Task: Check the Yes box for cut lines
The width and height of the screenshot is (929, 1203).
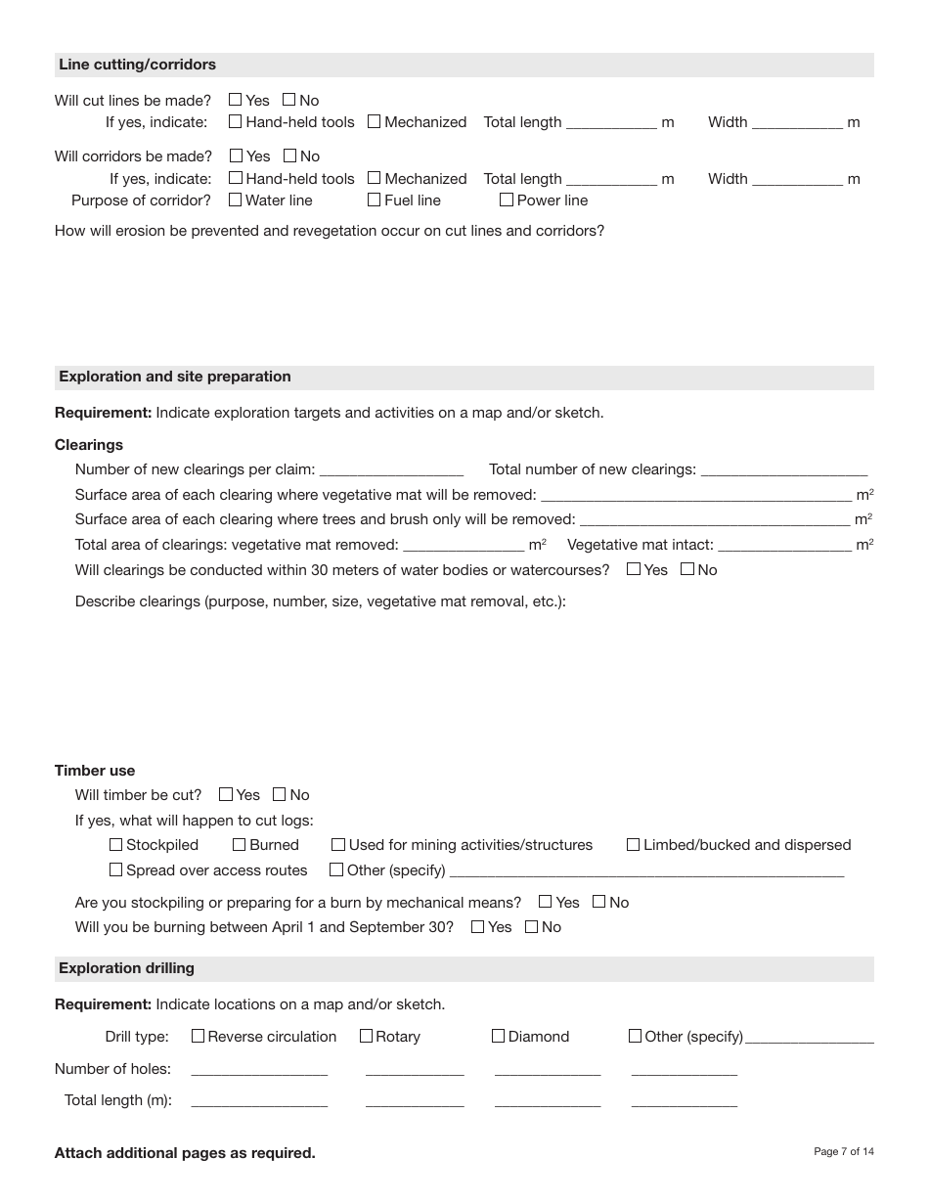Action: click(x=235, y=100)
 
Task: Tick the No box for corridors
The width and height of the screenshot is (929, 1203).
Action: click(x=289, y=156)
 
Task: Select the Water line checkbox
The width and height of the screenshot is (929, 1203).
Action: click(x=235, y=200)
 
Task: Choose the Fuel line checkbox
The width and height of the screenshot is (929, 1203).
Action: click(x=374, y=200)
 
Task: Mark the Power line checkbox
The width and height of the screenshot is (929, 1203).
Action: click(x=507, y=200)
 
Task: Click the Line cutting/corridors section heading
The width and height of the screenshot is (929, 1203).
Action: click(x=138, y=65)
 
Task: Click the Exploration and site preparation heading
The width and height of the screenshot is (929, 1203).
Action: click(x=175, y=377)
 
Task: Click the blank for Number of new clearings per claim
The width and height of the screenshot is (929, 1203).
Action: click(x=391, y=469)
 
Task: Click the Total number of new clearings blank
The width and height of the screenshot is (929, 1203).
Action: click(x=783, y=469)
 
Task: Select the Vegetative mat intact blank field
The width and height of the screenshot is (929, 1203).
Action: click(x=784, y=545)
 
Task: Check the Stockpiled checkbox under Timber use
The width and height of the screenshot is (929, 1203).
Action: click(x=116, y=845)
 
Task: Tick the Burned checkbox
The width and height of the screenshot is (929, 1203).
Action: click(x=240, y=845)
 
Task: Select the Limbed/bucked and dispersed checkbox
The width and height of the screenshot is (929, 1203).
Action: click(x=633, y=845)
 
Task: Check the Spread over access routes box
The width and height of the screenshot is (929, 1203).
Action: click(x=116, y=869)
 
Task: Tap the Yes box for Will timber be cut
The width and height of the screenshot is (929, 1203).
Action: click(x=226, y=795)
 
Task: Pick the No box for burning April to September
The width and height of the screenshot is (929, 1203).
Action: click(x=532, y=927)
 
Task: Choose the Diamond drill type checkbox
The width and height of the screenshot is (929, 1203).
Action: click(x=499, y=1036)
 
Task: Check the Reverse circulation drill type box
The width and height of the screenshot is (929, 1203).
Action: click(x=199, y=1036)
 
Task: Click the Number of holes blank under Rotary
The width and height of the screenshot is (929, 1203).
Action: click(x=415, y=1069)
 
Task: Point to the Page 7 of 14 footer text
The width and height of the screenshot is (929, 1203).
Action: click(x=844, y=1152)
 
